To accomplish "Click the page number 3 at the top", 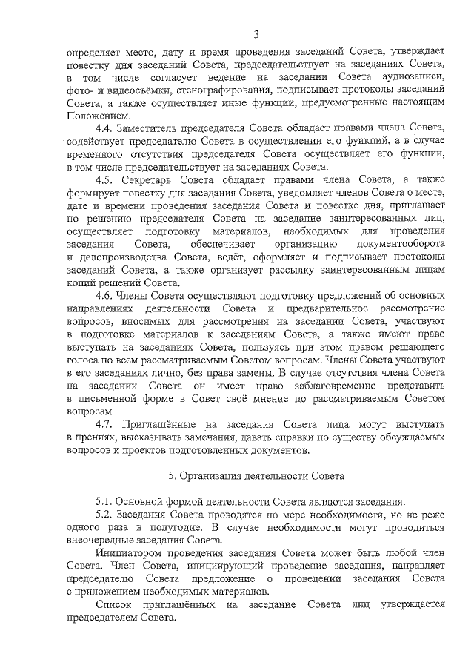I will click(x=256, y=33).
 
